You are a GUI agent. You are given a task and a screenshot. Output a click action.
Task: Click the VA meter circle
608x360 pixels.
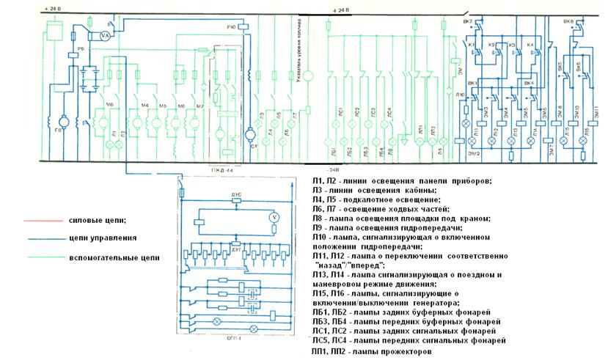point(104,35)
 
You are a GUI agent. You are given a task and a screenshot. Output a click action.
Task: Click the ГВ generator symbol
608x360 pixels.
point(60,118)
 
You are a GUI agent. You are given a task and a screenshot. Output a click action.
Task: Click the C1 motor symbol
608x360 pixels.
point(249,136)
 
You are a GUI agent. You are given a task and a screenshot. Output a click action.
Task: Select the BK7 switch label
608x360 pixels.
point(467,22)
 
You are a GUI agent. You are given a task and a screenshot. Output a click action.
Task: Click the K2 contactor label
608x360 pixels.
point(491,45)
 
